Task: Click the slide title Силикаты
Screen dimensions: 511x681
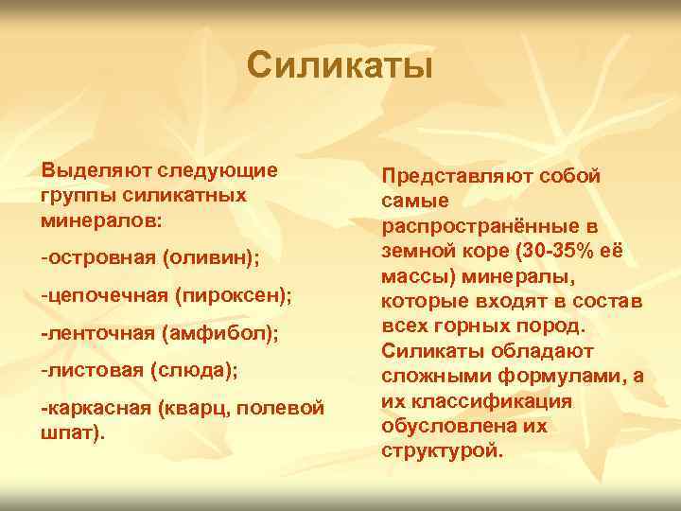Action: pos(340,66)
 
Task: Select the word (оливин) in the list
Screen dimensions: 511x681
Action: pos(218,257)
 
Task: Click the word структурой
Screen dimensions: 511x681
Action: pos(441,449)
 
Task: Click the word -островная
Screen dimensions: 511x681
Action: pos(96,257)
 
